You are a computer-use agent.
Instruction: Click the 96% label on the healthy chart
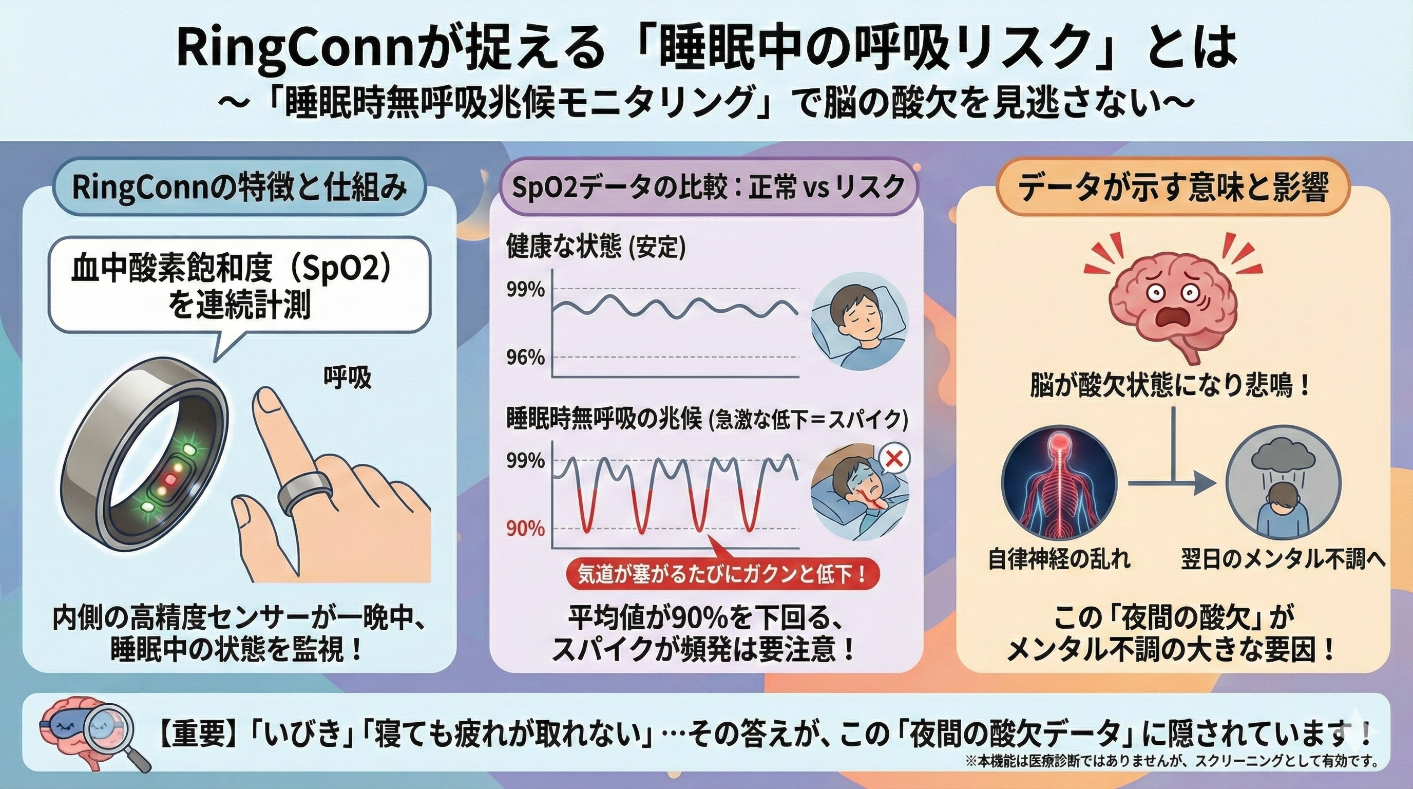pyautogui.click(x=525, y=358)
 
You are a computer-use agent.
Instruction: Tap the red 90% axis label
pyautogui.click(x=525, y=529)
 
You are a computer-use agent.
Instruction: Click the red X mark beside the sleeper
pyautogui.click(x=894, y=460)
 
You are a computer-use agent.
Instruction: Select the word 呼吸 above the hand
pyautogui.click(x=347, y=378)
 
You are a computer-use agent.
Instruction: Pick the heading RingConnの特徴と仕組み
pyautogui.click(x=240, y=187)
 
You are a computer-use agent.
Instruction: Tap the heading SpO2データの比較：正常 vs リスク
pyautogui.click(x=708, y=188)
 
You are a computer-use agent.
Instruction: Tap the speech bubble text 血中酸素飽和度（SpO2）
pyautogui.click(x=233, y=271)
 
